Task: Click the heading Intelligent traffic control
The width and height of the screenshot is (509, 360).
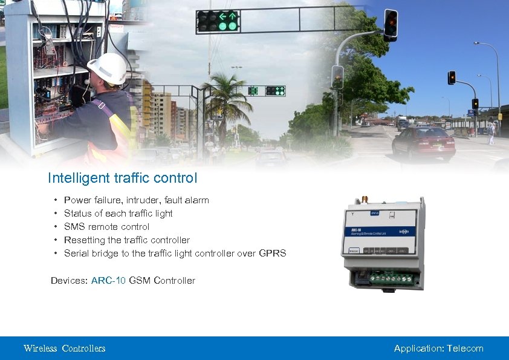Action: point(122,178)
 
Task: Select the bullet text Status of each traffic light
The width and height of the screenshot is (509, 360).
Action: point(118,214)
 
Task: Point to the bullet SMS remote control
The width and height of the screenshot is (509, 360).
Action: point(106,227)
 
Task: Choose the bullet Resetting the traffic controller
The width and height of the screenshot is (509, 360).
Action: point(126,240)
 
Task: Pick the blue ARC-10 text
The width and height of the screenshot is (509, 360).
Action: point(108,281)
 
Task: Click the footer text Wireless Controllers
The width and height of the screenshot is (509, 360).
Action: point(64,349)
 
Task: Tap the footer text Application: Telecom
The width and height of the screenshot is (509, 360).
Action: point(438,349)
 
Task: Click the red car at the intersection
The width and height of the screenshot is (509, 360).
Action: point(423,143)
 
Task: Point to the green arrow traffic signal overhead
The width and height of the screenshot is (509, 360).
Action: point(218,21)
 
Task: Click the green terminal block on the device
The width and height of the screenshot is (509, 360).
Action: point(391,279)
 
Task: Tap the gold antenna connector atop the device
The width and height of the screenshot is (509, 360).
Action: point(366,199)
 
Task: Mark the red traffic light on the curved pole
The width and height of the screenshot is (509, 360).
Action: point(391,24)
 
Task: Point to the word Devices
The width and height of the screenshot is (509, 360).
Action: point(69,281)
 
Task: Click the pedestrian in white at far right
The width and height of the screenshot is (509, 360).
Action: point(491,133)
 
